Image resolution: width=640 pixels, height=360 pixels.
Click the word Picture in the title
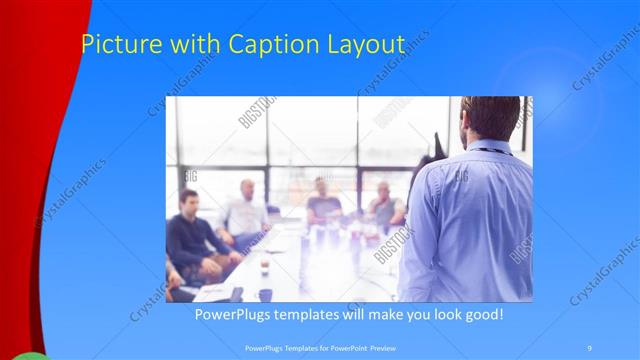pyautogui.click(x=113, y=45)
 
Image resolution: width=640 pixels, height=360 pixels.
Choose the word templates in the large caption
pyautogui.click(x=322, y=315)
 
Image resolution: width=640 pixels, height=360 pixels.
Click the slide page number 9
pyautogui.click(x=590, y=347)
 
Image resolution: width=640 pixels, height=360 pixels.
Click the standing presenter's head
pyautogui.click(x=491, y=117)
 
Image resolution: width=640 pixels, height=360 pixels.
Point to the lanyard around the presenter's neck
pyautogui.click(x=490, y=151)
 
